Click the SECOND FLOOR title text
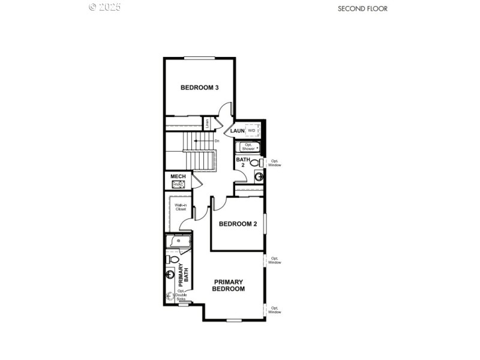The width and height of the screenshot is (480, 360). (x=362, y=8)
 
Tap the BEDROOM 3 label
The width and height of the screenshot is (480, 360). (x=199, y=88)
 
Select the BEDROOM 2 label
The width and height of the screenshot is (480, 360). (x=238, y=224)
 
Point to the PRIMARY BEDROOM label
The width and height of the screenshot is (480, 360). (x=229, y=285)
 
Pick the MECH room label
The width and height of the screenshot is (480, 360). (x=178, y=176)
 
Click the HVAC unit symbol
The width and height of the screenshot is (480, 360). (x=178, y=184)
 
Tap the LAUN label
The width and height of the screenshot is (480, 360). (x=238, y=131)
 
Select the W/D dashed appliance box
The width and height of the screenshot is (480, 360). (x=252, y=130)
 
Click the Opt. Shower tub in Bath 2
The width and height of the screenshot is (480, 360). (x=249, y=146)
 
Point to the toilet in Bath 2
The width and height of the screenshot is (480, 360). (x=254, y=163)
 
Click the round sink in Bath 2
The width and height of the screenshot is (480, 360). (x=259, y=176)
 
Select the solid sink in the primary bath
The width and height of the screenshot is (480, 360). (x=170, y=275)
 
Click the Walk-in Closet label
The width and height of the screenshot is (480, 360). (x=180, y=208)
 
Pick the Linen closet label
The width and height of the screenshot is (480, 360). (x=207, y=124)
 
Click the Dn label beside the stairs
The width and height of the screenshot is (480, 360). (x=217, y=141)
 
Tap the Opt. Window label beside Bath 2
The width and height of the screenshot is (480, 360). (x=275, y=163)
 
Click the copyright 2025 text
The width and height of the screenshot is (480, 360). (x=105, y=7)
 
